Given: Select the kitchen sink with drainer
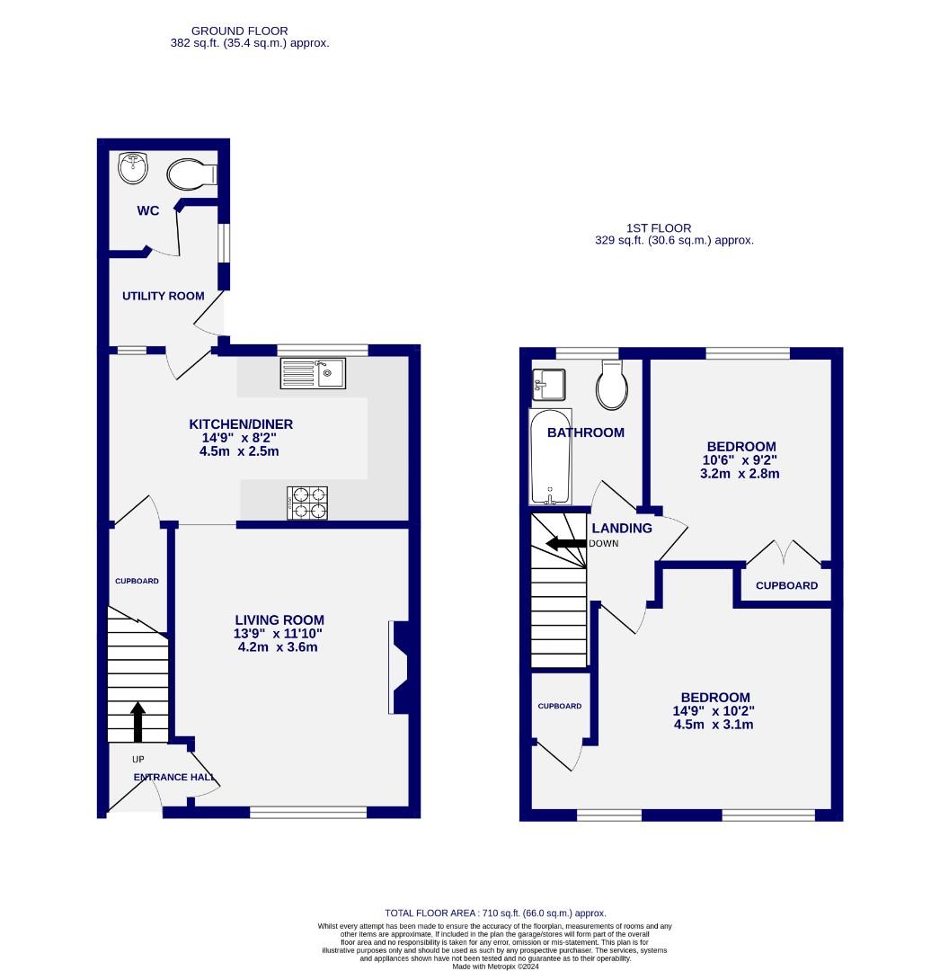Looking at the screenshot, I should click(x=313, y=373).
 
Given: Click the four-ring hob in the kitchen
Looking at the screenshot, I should click(x=307, y=503).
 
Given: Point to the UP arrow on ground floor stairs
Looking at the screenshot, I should click(x=137, y=721).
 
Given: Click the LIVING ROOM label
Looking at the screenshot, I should click(x=279, y=619).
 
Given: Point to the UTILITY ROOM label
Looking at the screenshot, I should click(x=164, y=296).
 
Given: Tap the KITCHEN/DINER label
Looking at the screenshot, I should click(x=240, y=424).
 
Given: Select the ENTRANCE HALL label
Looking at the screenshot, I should click(x=174, y=778).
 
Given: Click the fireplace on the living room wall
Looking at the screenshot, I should click(x=398, y=667).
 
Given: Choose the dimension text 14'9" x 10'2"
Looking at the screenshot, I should click(x=714, y=710).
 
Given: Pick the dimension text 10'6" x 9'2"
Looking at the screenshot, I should click(x=740, y=460).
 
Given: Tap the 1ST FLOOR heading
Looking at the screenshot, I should click(x=660, y=228).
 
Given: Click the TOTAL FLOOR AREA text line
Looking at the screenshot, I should click(x=495, y=913).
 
